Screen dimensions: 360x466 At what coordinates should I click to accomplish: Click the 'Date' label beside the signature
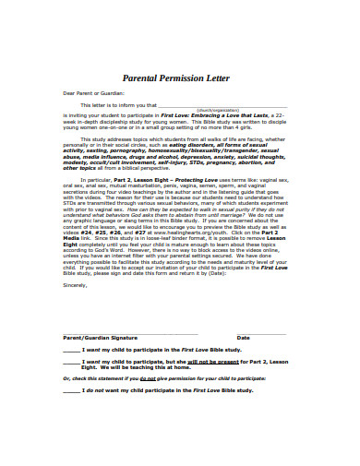pos(244,338)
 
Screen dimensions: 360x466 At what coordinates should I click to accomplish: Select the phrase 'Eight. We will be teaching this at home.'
pos(136,367)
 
